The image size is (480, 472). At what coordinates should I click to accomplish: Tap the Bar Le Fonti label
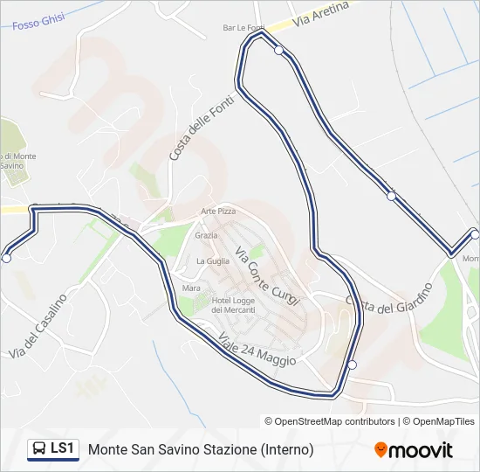[243, 28]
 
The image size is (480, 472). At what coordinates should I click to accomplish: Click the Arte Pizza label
[218, 212]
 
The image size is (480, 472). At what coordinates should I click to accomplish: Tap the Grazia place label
[207, 235]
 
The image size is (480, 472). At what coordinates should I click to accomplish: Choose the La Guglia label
[213, 260]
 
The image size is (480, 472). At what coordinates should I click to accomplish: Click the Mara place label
[191, 288]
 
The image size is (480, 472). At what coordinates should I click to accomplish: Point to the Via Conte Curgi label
[268, 272]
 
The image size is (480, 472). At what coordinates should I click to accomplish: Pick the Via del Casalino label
[38, 326]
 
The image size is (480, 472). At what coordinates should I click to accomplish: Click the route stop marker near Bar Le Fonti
[278, 50]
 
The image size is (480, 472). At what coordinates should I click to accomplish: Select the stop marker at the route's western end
[7, 258]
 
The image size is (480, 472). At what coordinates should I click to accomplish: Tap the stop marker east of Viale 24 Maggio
[352, 364]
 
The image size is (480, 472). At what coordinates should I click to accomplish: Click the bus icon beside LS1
[38, 449]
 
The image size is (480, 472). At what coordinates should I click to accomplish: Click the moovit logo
[414, 450]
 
